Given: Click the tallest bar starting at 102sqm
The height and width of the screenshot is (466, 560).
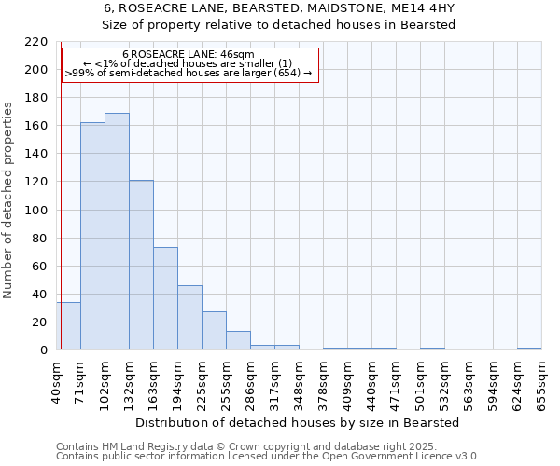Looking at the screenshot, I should coord(117,231).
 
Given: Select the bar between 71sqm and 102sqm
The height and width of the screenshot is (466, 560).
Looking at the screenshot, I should coord(92,236).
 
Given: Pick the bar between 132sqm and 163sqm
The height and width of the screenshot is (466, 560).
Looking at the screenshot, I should coord(141,265).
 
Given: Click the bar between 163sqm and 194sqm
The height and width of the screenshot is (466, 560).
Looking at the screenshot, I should coord(165,298).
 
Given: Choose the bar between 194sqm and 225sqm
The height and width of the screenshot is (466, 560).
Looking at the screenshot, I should coord(189,318).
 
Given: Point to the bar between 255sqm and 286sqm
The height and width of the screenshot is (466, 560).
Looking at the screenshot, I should coord(238,340).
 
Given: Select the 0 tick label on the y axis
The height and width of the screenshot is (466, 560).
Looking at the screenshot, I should coord(45,350).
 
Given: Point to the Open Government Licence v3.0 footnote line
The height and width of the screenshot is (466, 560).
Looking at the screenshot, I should coord(268,457).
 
